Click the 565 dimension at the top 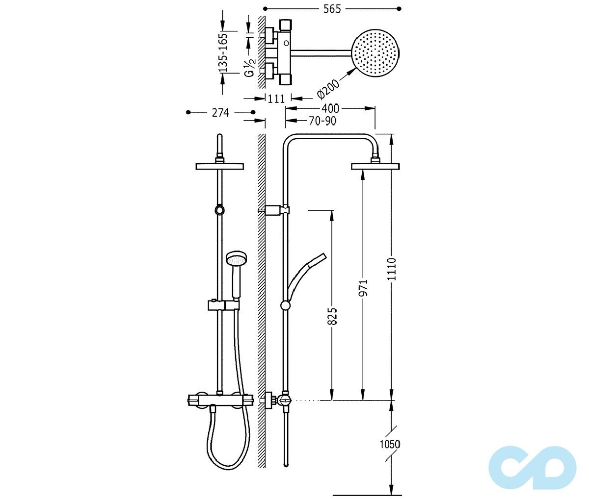[332, 9]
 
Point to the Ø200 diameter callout [328, 87]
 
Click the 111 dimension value [276, 99]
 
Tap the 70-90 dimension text [322, 121]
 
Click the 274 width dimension [220, 113]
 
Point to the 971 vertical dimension [363, 288]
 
